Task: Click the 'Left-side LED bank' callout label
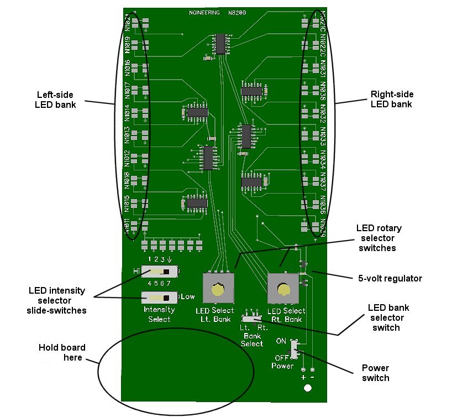(x=55, y=99)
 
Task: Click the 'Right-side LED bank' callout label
(x=391, y=99)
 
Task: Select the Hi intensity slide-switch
(x=160, y=272)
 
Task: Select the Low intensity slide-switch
(x=160, y=298)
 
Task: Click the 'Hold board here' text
(x=62, y=352)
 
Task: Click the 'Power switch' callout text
(x=376, y=373)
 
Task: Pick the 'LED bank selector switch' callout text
(x=386, y=317)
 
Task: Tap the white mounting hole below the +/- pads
(x=308, y=389)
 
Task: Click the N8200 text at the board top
(x=237, y=12)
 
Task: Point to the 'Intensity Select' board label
(x=159, y=314)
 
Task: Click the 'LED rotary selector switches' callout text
(x=379, y=238)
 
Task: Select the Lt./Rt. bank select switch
(x=251, y=319)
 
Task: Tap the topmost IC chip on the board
(x=221, y=43)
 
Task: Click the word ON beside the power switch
(x=281, y=341)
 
